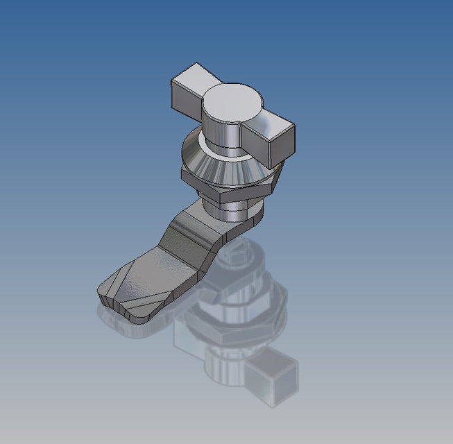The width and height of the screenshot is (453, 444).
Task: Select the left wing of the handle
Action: [190, 90]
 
